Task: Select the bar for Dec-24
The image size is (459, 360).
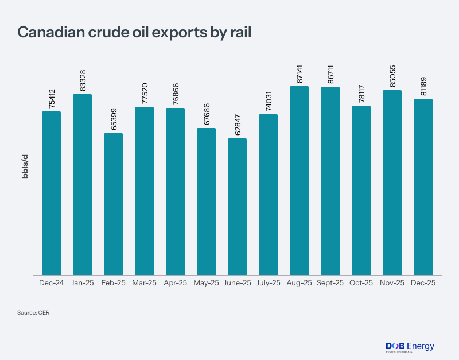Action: (x=51, y=193)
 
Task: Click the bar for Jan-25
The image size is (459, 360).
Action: (x=82, y=184)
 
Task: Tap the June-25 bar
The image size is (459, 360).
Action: (x=237, y=207)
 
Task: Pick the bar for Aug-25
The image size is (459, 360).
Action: (x=299, y=180)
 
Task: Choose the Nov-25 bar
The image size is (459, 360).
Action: (x=392, y=183)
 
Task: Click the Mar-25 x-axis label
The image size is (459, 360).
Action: (x=144, y=283)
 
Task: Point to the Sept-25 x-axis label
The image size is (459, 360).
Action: (x=330, y=283)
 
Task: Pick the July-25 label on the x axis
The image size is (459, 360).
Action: (x=268, y=283)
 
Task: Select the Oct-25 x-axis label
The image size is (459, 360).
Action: (x=361, y=283)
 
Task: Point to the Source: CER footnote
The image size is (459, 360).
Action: (x=34, y=313)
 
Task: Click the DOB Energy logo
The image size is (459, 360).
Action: (x=410, y=346)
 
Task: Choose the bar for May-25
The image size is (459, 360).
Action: (x=206, y=202)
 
